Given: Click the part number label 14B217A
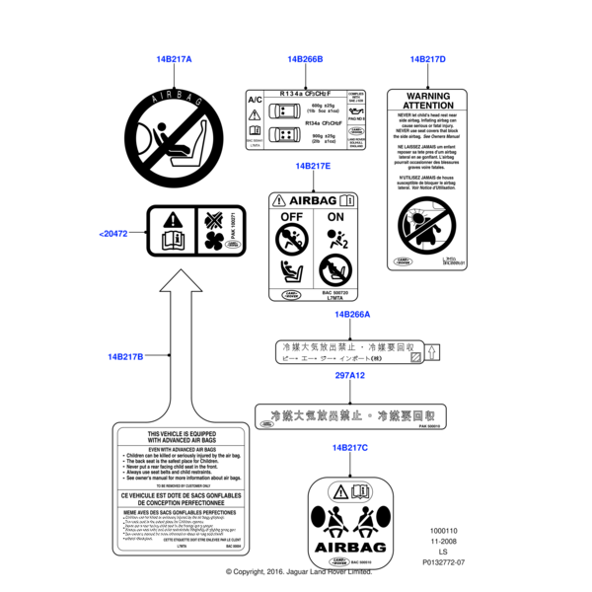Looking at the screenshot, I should [x=174, y=59].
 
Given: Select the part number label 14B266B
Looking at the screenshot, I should [x=305, y=59].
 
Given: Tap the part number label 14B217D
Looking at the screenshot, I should [x=428, y=59].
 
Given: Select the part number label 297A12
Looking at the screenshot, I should [x=349, y=376].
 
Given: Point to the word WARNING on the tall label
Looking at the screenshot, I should [x=428, y=96].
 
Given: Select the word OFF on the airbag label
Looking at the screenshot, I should [x=292, y=216].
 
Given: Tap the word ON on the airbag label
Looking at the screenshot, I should [x=334, y=216].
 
